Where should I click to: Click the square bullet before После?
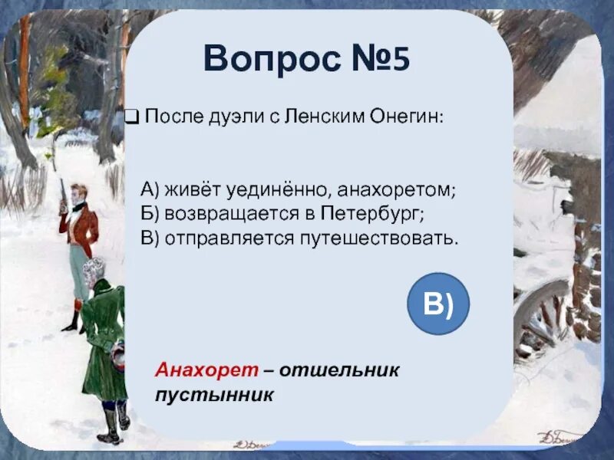click(x=132, y=117)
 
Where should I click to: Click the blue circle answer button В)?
click(x=437, y=303)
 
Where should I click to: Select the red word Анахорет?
click(x=206, y=370)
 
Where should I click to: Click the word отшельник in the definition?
click(x=338, y=370)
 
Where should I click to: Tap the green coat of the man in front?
click(x=103, y=337)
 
